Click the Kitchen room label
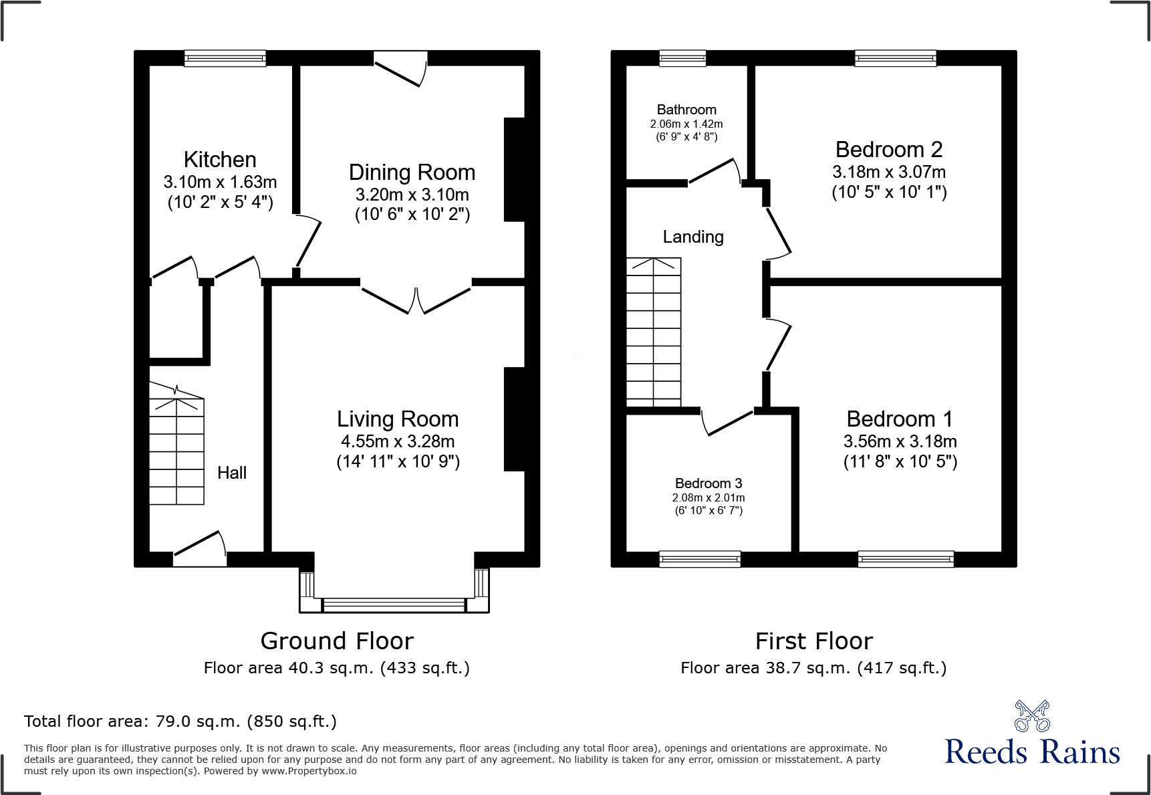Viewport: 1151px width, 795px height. (220, 160)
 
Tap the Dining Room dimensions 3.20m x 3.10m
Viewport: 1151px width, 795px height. (412, 195)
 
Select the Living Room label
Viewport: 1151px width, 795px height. (398, 419)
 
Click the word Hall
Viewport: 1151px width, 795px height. (232, 473)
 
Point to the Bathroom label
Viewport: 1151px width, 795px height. (686, 110)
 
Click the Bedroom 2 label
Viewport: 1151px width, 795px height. (889, 150)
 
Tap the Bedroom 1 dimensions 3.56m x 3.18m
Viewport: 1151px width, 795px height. (900, 441)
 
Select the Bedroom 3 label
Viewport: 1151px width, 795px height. (709, 483)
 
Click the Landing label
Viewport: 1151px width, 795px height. (693, 237)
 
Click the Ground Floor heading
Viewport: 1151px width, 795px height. (337, 641)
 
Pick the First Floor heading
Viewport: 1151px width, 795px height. (813, 641)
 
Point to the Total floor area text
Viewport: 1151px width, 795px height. (180, 721)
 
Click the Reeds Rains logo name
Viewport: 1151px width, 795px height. (1032, 752)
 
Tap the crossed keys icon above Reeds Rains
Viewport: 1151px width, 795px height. (1032, 716)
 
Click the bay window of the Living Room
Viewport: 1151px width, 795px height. (394, 604)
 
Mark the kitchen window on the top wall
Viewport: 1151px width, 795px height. (225, 59)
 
